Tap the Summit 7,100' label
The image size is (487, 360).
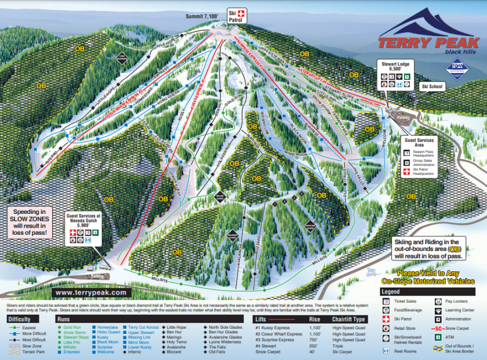click(202, 17)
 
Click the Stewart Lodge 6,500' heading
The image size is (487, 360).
click(395, 64)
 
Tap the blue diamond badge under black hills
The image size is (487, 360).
click(456, 68)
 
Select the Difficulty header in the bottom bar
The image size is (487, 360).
click(19, 319)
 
